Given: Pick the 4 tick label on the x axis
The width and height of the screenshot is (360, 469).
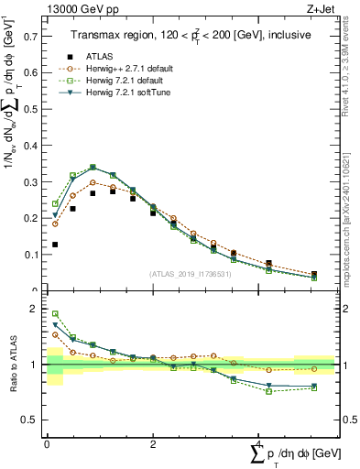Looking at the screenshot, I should click(258, 444).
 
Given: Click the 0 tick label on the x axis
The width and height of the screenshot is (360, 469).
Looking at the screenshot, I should click(46, 444).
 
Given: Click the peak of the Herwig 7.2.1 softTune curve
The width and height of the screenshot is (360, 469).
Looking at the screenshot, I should click(93, 168).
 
